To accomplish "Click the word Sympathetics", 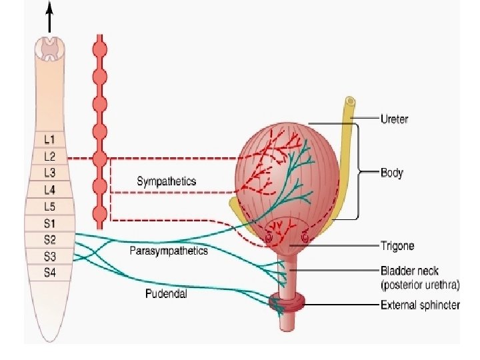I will pos(167,181).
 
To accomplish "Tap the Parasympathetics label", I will pos(169,251).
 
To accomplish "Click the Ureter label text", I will pos(394,119).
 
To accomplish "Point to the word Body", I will pos(391,173).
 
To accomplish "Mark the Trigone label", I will pos(397,246).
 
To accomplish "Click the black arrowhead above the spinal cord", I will pos(49,9).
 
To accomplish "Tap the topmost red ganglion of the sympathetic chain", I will pos(99,49).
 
